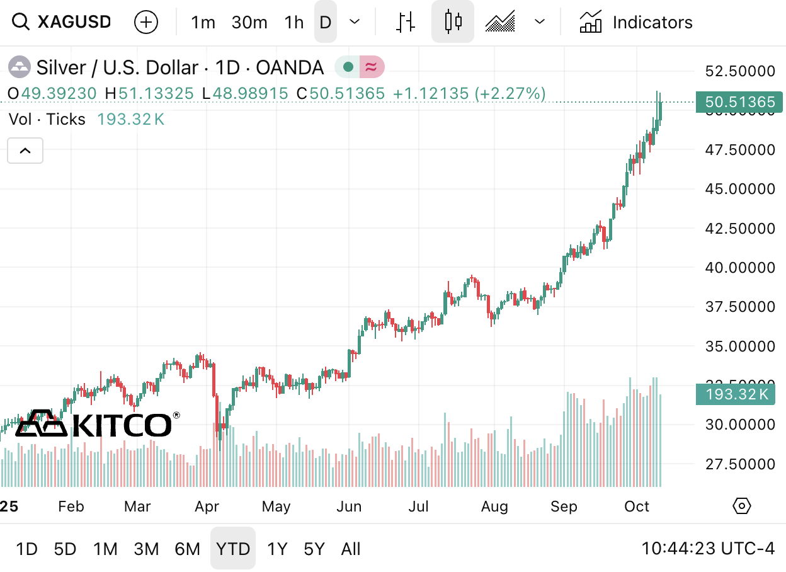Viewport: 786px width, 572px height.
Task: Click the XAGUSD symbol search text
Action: (x=74, y=22)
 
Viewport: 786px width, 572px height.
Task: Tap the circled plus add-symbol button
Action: (x=146, y=23)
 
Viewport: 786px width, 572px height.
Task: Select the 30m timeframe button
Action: (x=249, y=23)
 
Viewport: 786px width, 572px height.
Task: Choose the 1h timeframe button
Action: (x=293, y=23)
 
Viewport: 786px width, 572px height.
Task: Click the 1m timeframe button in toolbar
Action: (x=203, y=23)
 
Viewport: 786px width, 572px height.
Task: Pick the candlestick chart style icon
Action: (x=453, y=22)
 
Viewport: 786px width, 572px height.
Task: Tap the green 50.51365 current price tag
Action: (x=739, y=102)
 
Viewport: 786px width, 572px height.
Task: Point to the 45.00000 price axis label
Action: (x=739, y=189)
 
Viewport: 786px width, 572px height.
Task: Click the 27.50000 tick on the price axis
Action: (x=739, y=464)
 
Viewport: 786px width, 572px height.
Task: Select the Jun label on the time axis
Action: (x=349, y=506)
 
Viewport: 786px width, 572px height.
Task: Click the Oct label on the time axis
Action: (x=637, y=506)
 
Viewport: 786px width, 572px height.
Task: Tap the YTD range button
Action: (x=233, y=549)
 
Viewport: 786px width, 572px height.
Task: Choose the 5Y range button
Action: (x=314, y=549)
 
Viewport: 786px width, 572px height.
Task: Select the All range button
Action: (x=351, y=549)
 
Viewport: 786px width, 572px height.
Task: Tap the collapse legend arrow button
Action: (x=25, y=151)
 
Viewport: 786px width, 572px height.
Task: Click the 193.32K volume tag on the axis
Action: (x=736, y=395)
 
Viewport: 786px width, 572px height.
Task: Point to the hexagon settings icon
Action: (x=743, y=505)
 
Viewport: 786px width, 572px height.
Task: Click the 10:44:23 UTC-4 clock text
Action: (x=708, y=549)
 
